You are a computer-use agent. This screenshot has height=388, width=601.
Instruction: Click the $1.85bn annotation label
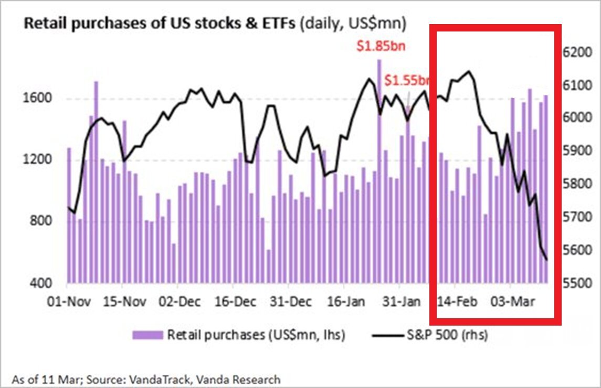[381, 46]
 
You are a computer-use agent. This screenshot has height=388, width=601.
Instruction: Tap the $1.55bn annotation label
[407, 81]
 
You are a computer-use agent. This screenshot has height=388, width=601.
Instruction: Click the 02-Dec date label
[176, 303]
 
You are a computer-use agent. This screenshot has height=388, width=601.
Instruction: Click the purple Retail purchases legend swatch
[147, 335]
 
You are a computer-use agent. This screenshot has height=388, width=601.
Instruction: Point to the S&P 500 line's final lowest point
[546, 260]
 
